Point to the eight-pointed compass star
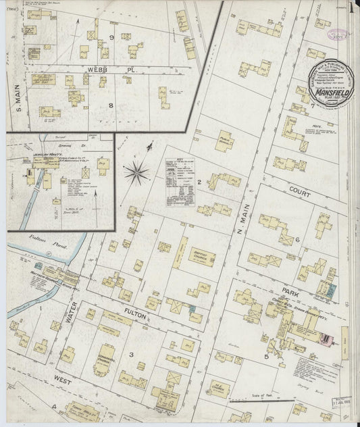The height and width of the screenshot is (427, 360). click(136, 172)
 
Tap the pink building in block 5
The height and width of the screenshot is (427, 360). click(328, 338)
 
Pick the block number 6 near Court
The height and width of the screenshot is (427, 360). click(297, 240)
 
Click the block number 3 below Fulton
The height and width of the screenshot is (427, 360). click(131, 355)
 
